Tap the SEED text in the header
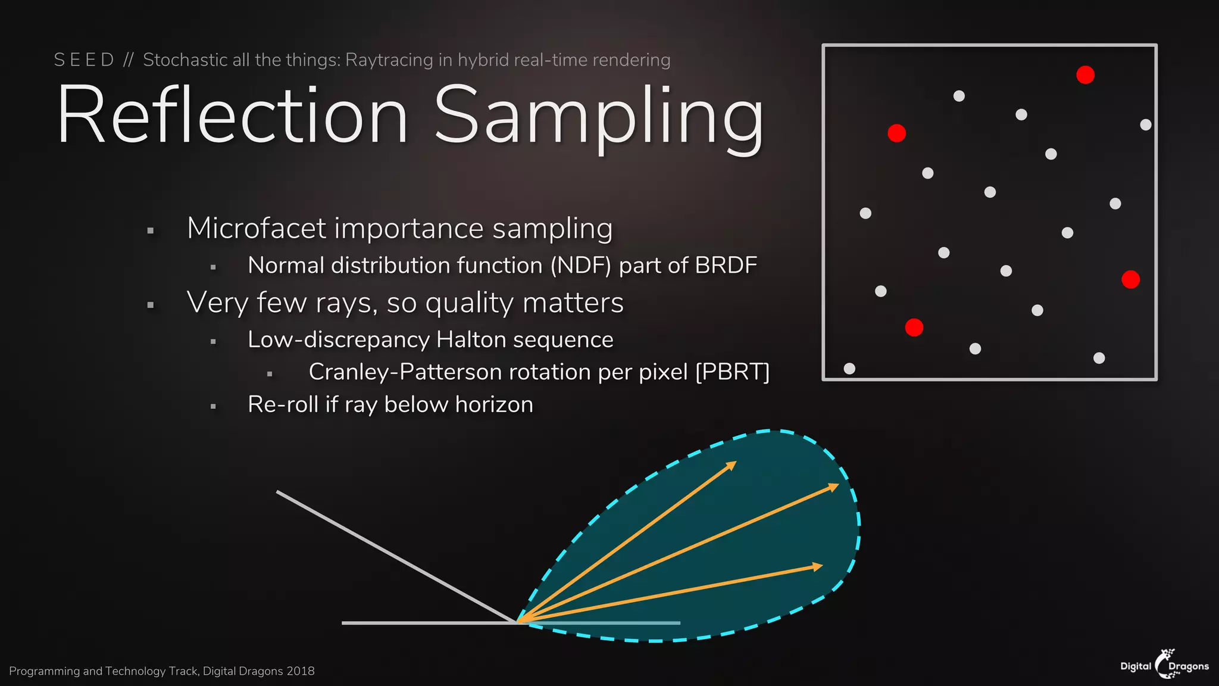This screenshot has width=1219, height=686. pyautogui.click(x=84, y=60)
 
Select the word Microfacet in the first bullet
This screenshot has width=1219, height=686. pyautogui.click(x=257, y=228)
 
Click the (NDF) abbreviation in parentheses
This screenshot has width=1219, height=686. pyautogui.click(x=580, y=266)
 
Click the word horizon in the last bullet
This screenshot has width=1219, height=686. pyautogui.click(x=494, y=405)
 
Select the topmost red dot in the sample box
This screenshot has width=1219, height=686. pyautogui.click(x=1085, y=75)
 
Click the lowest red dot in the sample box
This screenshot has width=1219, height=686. pyautogui.click(x=914, y=328)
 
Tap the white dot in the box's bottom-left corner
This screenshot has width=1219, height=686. pyautogui.click(x=849, y=369)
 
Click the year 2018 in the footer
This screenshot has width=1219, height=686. pyautogui.click(x=300, y=671)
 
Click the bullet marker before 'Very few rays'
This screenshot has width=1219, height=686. pyautogui.click(x=151, y=305)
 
